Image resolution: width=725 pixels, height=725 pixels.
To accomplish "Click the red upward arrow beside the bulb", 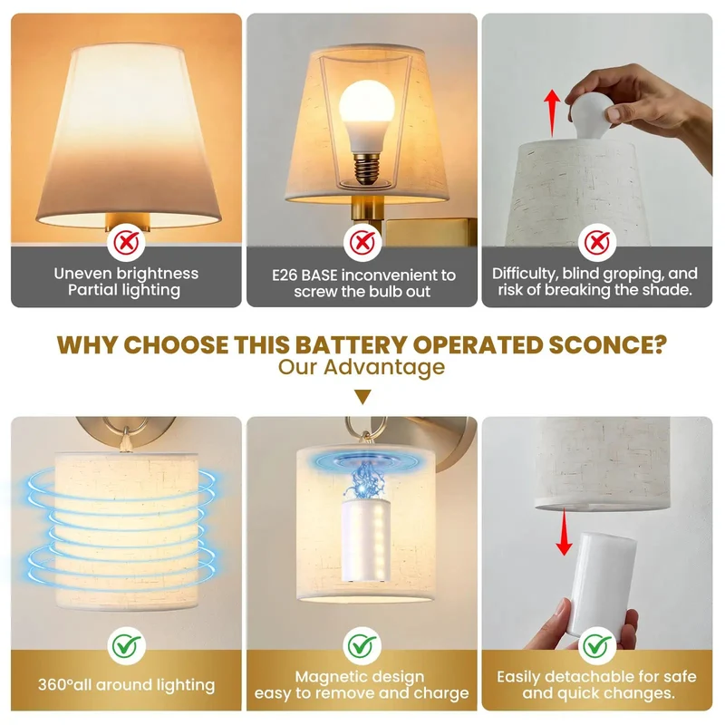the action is pyautogui.click(x=552, y=113).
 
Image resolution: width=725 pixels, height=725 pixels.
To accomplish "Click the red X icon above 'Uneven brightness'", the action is pyautogui.click(x=126, y=242).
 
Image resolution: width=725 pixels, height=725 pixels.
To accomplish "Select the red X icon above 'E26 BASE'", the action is pyautogui.click(x=362, y=242).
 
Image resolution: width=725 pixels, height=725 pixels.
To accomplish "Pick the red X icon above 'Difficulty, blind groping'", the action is pyautogui.click(x=597, y=242).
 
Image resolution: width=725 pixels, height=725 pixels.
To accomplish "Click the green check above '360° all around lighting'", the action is pyautogui.click(x=126, y=645).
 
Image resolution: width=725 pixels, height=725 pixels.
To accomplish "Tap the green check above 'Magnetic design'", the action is pyautogui.click(x=362, y=645).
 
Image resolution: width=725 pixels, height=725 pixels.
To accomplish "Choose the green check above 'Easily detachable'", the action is pyautogui.click(x=597, y=645).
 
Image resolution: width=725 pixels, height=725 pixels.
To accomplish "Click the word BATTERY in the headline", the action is pyautogui.click(x=352, y=345).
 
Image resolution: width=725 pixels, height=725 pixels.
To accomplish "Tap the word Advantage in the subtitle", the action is pyautogui.click(x=384, y=368).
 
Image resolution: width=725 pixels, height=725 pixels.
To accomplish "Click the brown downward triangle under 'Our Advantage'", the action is pyautogui.click(x=362, y=397).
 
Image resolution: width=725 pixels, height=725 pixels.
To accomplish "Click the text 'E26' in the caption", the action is pyautogui.click(x=285, y=275).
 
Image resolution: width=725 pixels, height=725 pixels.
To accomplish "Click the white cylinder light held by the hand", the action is pyautogui.click(x=601, y=584).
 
